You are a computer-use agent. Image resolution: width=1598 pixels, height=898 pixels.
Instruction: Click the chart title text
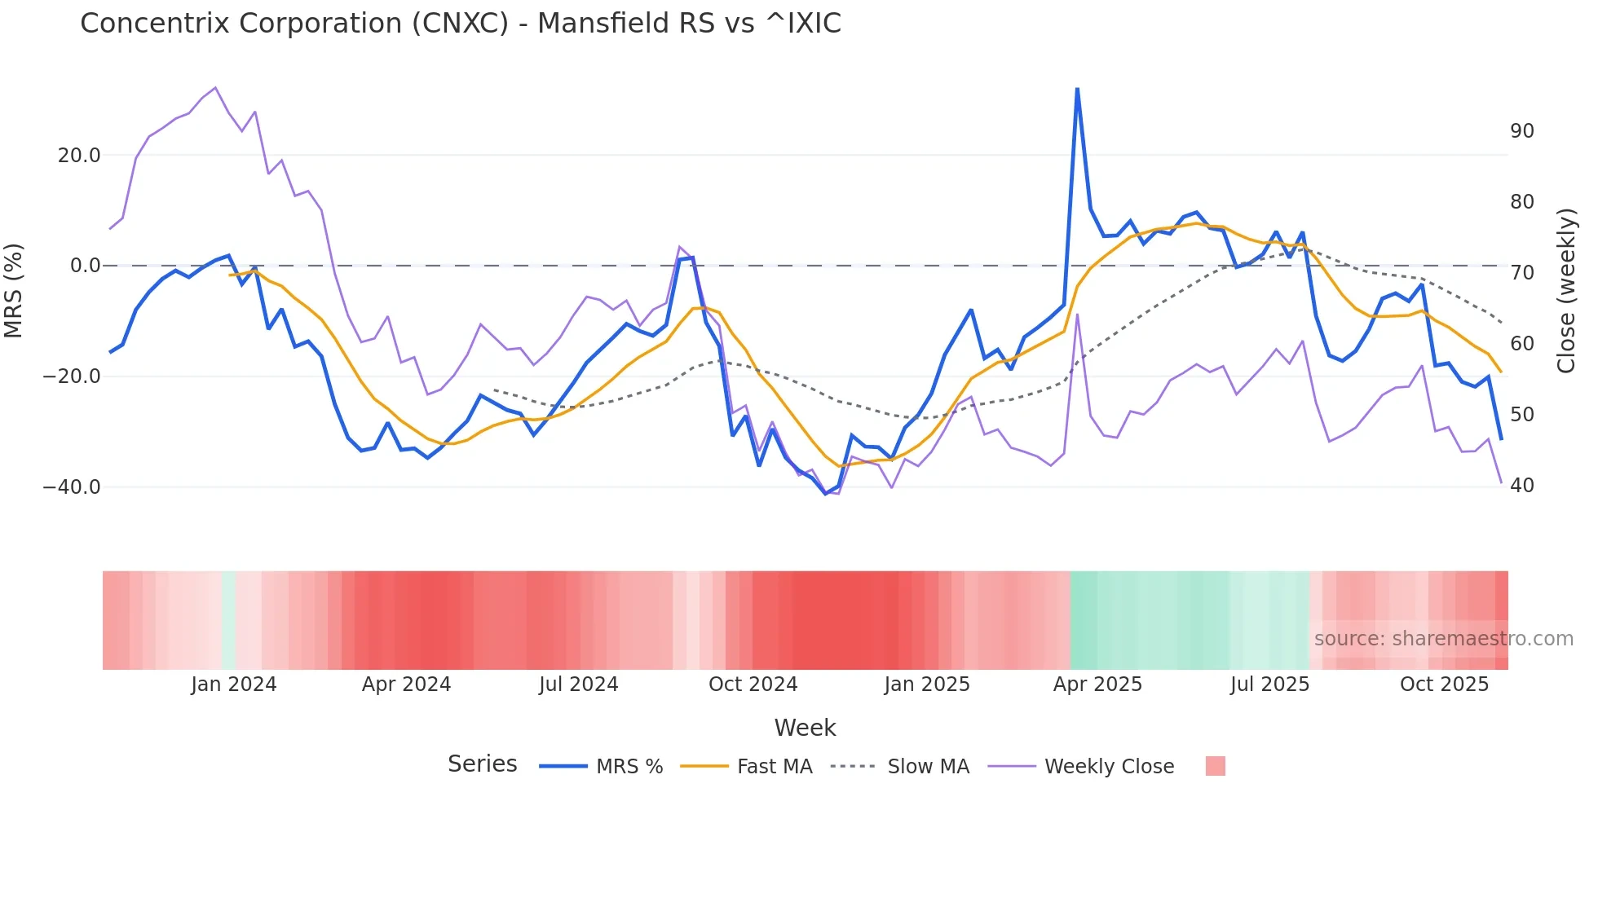[x=460, y=24]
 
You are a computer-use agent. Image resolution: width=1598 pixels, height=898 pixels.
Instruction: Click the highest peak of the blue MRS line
[x=1077, y=89]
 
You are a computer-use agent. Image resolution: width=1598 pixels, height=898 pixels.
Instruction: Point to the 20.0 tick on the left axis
[x=79, y=155]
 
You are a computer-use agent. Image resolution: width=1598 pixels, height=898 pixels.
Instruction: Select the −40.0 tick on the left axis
[x=72, y=487]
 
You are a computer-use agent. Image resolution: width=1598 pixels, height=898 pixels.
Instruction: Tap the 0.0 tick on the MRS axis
[x=86, y=266]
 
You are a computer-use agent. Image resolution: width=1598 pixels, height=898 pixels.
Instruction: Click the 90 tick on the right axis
[x=1521, y=131]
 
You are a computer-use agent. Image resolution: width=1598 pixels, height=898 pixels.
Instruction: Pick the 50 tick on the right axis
[x=1521, y=415]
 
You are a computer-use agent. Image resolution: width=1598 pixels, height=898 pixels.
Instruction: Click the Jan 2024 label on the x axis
[x=233, y=685]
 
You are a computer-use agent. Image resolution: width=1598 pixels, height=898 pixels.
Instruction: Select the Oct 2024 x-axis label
[x=753, y=685]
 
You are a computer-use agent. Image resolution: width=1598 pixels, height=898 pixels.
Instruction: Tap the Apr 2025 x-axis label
[x=1097, y=685]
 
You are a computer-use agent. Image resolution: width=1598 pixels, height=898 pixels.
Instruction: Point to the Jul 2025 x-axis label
[x=1269, y=685]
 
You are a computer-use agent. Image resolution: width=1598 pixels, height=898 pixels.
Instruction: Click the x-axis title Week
[x=805, y=728]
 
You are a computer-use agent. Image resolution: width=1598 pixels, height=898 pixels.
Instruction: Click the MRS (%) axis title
[x=14, y=290]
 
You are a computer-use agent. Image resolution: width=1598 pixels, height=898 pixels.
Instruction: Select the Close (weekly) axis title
[x=1566, y=291]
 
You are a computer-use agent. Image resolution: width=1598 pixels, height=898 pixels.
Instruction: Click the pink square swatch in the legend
[x=1215, y=766]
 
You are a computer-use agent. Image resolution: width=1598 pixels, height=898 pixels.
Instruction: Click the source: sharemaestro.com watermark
[x=1443, y=639]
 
